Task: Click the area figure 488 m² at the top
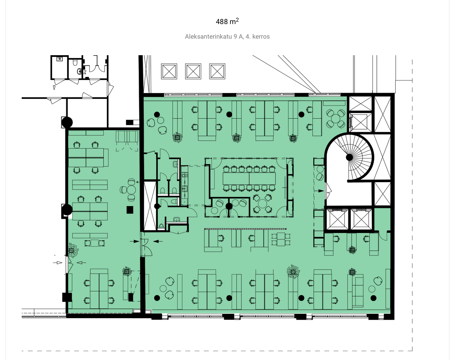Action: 227,21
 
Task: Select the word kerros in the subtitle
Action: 260,37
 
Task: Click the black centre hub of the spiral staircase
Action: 349,157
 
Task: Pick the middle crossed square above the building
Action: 193,71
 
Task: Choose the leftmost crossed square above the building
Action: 169,71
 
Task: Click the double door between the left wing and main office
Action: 146,247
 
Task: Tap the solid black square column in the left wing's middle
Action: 130,210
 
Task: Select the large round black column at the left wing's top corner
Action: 67,122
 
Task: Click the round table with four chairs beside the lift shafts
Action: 335,118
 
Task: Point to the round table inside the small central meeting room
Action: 262,203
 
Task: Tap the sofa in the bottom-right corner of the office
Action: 358,291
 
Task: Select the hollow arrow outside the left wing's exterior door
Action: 58,262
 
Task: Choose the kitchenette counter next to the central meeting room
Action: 184,185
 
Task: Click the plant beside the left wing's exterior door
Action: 73,250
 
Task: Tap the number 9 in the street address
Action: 235,37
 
